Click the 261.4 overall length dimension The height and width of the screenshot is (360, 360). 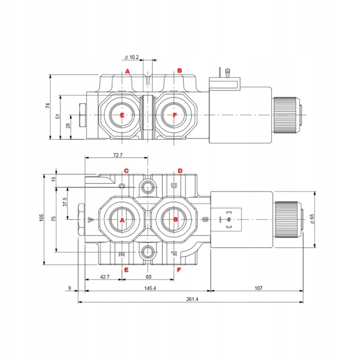pyautogui.click(x=192, y=299)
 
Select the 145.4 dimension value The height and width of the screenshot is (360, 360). pyautogui.click(x=150, y=288)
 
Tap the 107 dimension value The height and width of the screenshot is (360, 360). pyautogui.click(x=258, y=288)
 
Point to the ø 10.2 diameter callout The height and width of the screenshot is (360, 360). pyautogui.click(x=132, y=57)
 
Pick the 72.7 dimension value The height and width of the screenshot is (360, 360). pyautogui.click(x=118, y=155)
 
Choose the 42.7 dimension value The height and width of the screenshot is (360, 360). pyautogui.click(x=104, y=276)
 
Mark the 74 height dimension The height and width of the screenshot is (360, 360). pyautogui.click(x=47, y=105)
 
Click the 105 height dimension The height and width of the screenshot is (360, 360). pyautogui.click(x=41, y=217)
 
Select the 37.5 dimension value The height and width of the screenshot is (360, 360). pyautogui.click(x=64, y=202)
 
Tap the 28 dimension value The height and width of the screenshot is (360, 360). pyautogui.click(x=68, y=125)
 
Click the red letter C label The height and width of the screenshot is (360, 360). pyautogui.click(x=126, y=171)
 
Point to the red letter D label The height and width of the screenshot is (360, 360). pyautogui.click(x=180, y=171)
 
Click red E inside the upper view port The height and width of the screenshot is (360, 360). pyautogui.click(x=122, y=115)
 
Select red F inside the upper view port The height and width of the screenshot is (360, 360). pyautogui.click(x=174, y=115)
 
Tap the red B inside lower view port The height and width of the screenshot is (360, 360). pyautogui.click(x=175, y=219)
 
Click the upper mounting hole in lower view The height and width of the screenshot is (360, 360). pyautogui.click(x=147, y=187)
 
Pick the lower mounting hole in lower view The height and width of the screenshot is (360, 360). pyautogui.click(x=147, y=252)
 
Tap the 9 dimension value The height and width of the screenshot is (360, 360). pyautogui.click(x=69, y=288)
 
